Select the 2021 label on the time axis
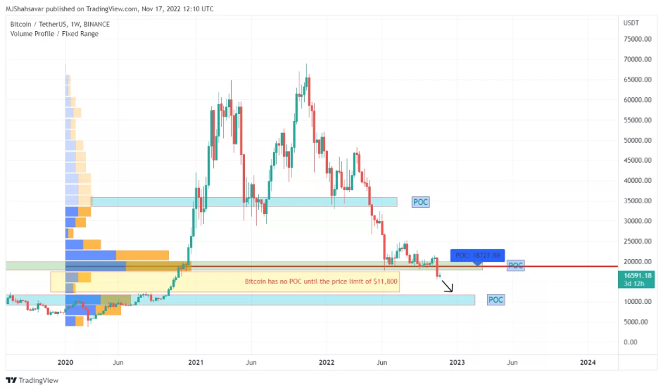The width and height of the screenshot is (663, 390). (195, 362)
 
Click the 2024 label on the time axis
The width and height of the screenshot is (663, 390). (587, 362)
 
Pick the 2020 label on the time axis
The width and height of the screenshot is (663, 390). (65, 362)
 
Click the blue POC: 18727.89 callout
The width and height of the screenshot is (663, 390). (478, 255)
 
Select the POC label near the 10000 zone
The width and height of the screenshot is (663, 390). (495, 300)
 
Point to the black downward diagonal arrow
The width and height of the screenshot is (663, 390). (448, 287)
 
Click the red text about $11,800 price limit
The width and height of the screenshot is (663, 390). (321, 281)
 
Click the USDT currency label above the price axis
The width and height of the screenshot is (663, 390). (631, 23)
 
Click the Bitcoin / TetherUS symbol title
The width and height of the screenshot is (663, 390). (60, 24)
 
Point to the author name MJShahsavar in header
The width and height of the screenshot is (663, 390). (26, 9)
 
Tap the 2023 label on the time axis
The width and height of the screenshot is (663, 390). (456, 362)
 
